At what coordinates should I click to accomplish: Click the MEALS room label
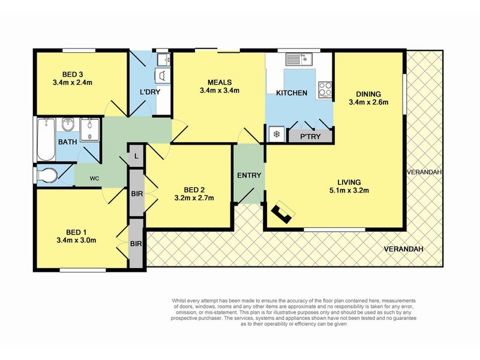click(x=220, y=82)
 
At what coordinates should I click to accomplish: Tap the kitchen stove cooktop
click(x=326, y=89)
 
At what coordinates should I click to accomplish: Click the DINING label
click(x=368, y=93)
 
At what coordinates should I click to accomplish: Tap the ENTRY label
click(x=248, y=175)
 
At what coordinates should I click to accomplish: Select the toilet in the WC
click(x=48, y=176)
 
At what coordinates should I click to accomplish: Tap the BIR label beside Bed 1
click(x=136, y=244)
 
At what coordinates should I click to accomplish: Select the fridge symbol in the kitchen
click(x=277, y=134)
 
